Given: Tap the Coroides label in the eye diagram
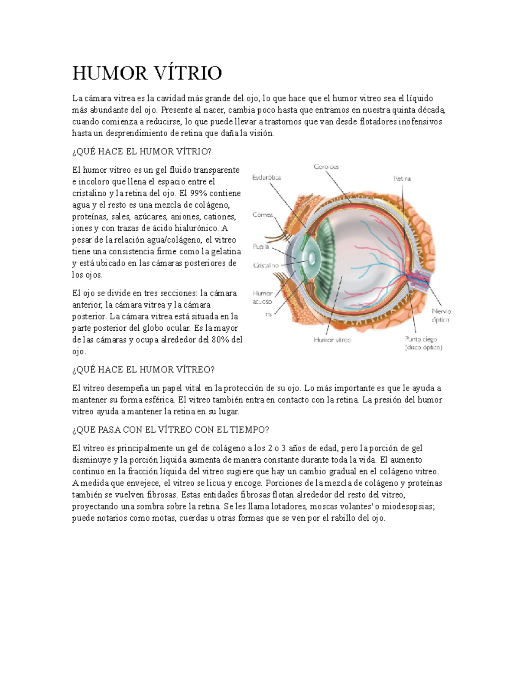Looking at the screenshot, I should click(326, 167).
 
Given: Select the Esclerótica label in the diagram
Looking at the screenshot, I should click(267, 178).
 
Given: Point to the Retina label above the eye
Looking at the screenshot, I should click(402, 178).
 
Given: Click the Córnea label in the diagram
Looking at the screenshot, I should click(263, 214).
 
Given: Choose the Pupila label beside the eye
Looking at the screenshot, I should click(261, 247).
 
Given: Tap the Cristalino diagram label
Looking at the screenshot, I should click(266, 266).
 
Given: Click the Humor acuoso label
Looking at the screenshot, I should click(263, 297).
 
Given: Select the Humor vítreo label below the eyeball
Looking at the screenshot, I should click(332, 340).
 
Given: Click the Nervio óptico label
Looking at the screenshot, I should click(441, 316).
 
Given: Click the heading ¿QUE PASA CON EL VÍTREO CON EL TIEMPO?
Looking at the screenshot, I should click(171, 430).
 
